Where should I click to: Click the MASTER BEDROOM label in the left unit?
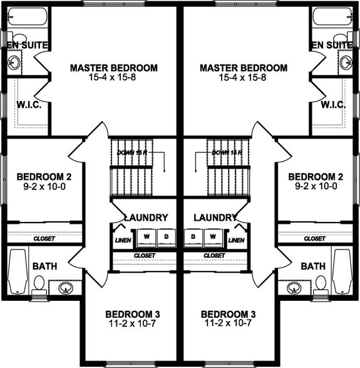pos(114,68)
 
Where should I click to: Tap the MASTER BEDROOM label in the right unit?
pos(244,68)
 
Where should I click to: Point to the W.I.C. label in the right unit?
pos(333,105)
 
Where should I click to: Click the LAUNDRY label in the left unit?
pos(146,218)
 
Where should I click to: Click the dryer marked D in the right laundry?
pos(193,236)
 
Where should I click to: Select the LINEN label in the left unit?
pos(122,240)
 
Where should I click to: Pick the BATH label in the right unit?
pos(313,266)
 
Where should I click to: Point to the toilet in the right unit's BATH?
pos(321,284)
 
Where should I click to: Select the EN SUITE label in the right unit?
pos(332,45)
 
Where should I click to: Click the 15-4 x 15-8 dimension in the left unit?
pos(114,78)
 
